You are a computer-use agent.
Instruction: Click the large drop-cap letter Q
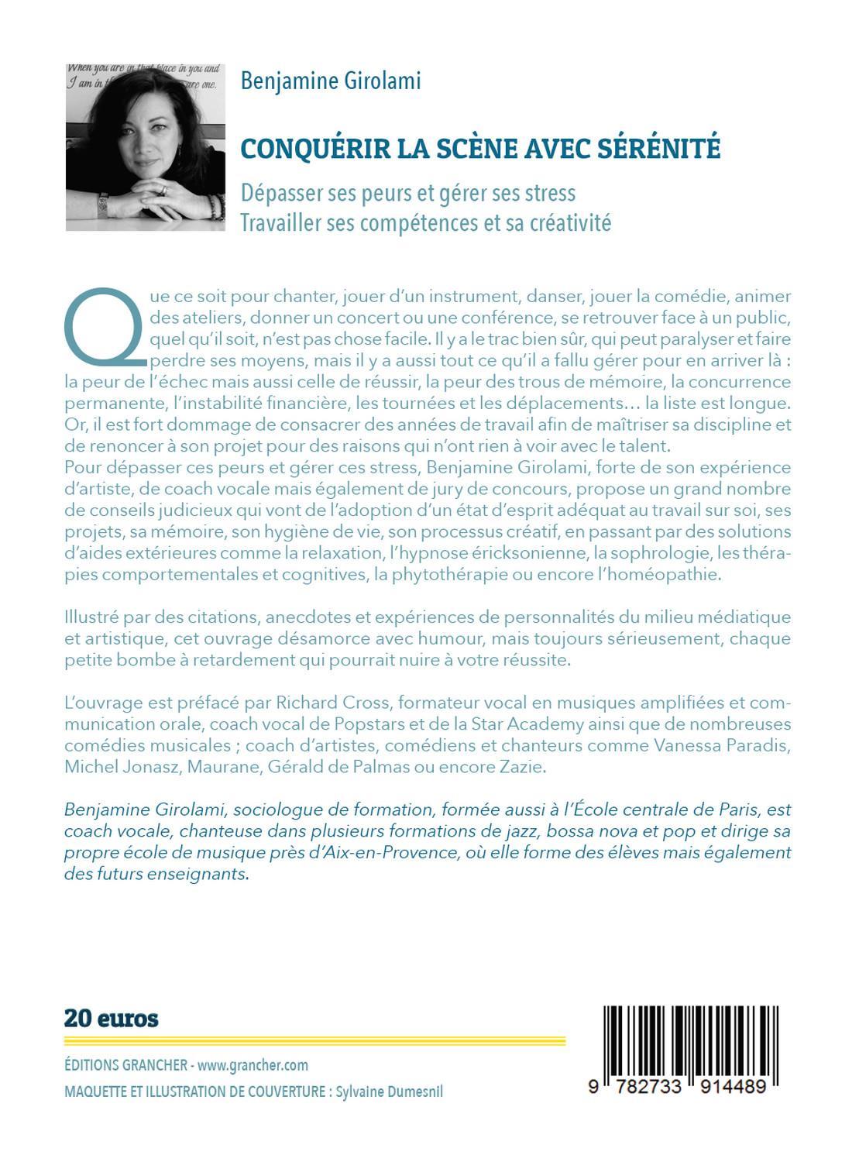click(x=102, y=327)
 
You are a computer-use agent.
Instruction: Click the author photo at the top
click(x=145, y=147)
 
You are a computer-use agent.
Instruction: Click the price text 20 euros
click(x=112, y=1018)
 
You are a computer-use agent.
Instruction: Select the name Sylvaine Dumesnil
click(x=390, y=1092)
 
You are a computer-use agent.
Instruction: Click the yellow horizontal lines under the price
click(x=314, y=1041)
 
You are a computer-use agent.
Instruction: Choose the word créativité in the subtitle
click(x=571, y=222)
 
